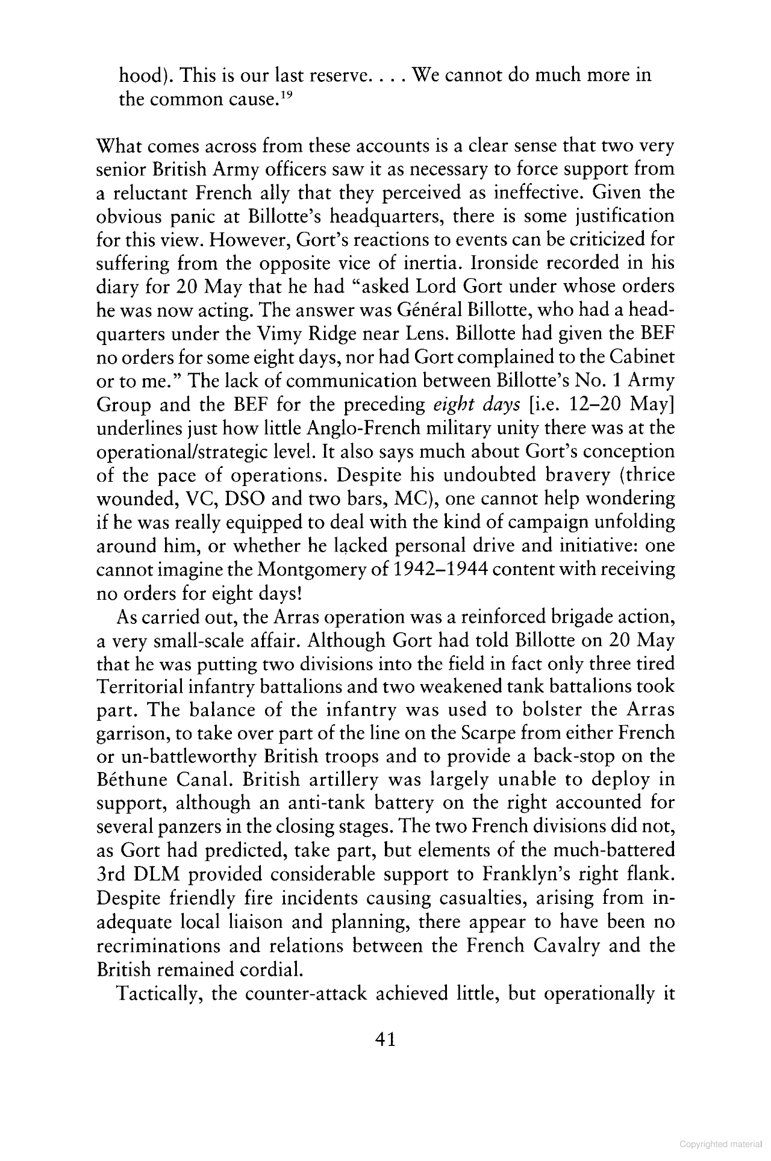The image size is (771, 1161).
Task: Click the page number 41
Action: pyautogui.click(x=384, y=1039)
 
